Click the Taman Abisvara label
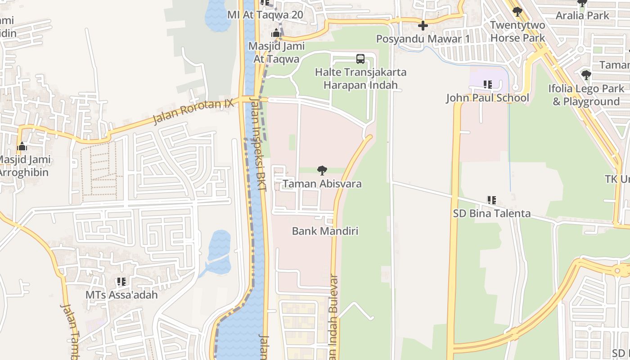pos(322,184)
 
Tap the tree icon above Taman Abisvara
pos(322,171)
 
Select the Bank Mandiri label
pos(325,231)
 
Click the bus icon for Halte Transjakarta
pos(360,58)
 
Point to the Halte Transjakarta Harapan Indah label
pos(360,79)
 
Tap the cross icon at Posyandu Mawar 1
pos(423,26)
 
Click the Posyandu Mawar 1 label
pos(423,39)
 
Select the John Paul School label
pos(487,98)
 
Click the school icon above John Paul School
pos(487,84)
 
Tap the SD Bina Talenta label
pos(492,214)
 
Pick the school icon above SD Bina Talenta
pos(492,200)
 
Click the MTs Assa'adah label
pos(121,295)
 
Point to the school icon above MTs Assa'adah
pos(121,282)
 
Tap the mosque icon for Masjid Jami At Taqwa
pos(276,33)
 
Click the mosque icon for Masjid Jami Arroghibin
pos(22,146)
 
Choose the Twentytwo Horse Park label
pos(517,31)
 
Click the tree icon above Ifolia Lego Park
pos(586,75)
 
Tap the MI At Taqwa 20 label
pos(265,15)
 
